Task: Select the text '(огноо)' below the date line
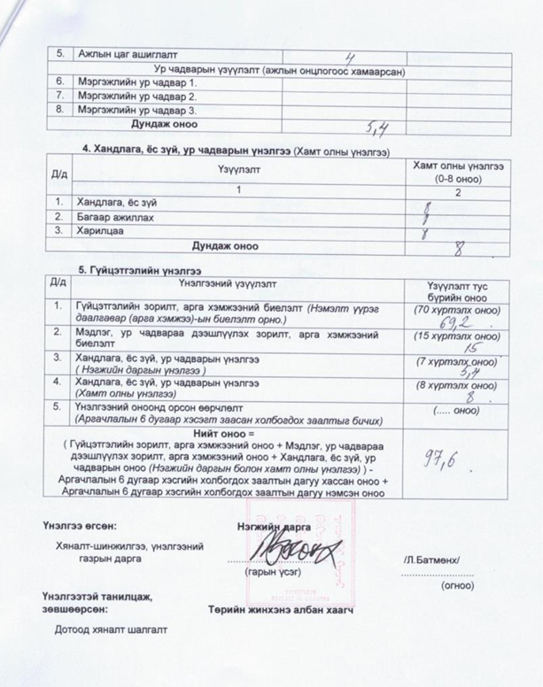click(456, 585)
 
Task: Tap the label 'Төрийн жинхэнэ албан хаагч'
click(281, 610)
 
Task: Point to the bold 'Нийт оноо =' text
click(226, 434)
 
